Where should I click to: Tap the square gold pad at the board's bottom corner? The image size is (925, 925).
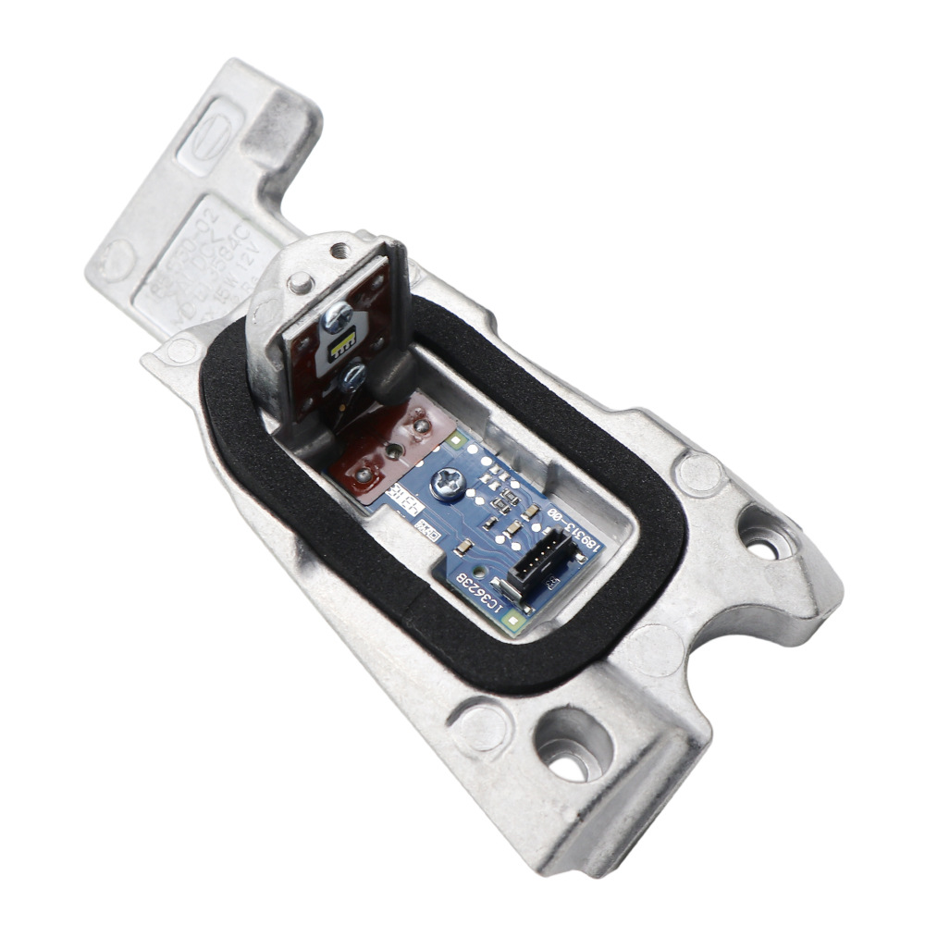[x=515, y=622]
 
